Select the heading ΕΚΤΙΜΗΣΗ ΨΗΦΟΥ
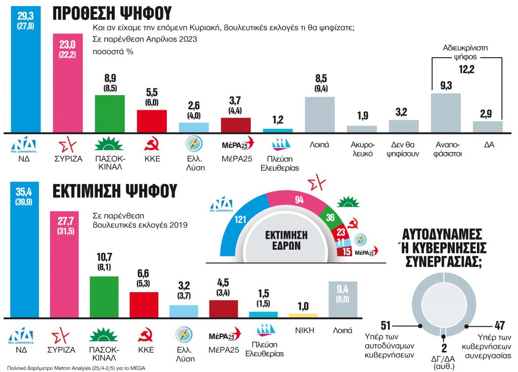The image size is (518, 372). [x=115, y=191]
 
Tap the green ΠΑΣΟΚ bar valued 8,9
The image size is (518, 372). [x=110, y=113]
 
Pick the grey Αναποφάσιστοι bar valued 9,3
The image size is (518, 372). [x=446, y=112]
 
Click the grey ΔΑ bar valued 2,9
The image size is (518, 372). [x=488, y=126]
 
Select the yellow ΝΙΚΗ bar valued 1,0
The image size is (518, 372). [x=303, y=315]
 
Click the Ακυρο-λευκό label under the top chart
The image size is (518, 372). [x=361, y=150]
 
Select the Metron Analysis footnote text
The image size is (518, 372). [x=76, y=368]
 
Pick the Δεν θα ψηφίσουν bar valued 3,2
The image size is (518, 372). [x=403, y=126]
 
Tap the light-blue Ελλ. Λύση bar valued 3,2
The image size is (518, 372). [x=184, y=311]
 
